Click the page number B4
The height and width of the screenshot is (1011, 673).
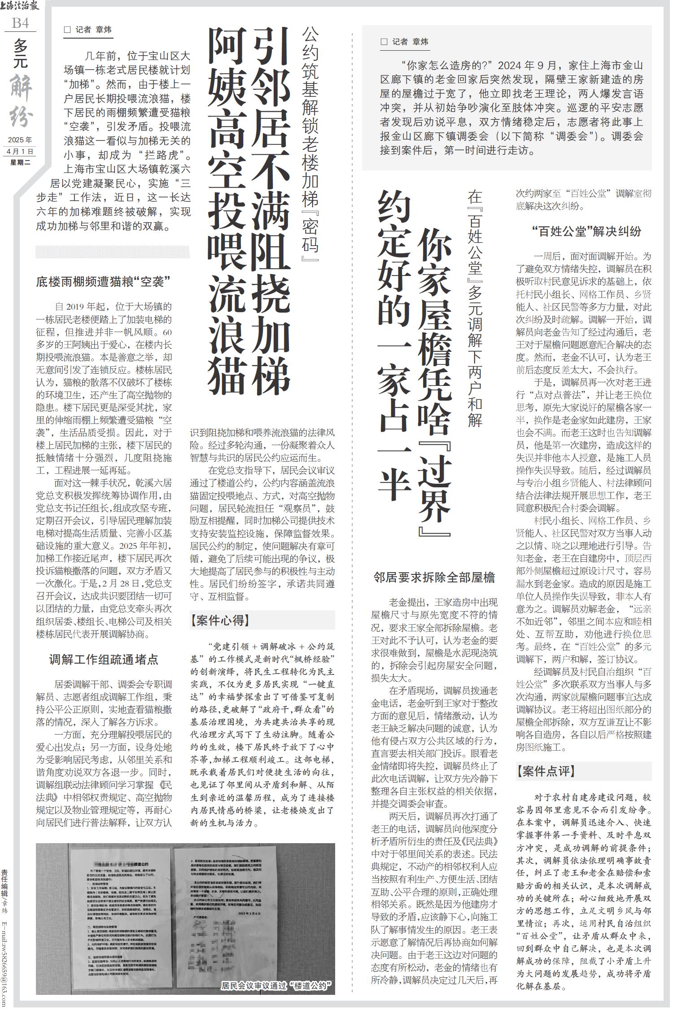tap(20, 22)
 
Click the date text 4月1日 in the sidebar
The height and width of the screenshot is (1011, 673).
tap(21, 152)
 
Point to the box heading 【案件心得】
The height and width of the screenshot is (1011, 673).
tap(218, 620)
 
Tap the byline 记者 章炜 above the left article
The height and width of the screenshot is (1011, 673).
tap(88, 30)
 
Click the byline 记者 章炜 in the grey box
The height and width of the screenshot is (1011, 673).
tap(405, 42)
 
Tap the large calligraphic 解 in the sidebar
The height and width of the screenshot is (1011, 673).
tap(21, 88)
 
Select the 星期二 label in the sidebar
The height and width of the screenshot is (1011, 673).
tap(21, 162)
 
